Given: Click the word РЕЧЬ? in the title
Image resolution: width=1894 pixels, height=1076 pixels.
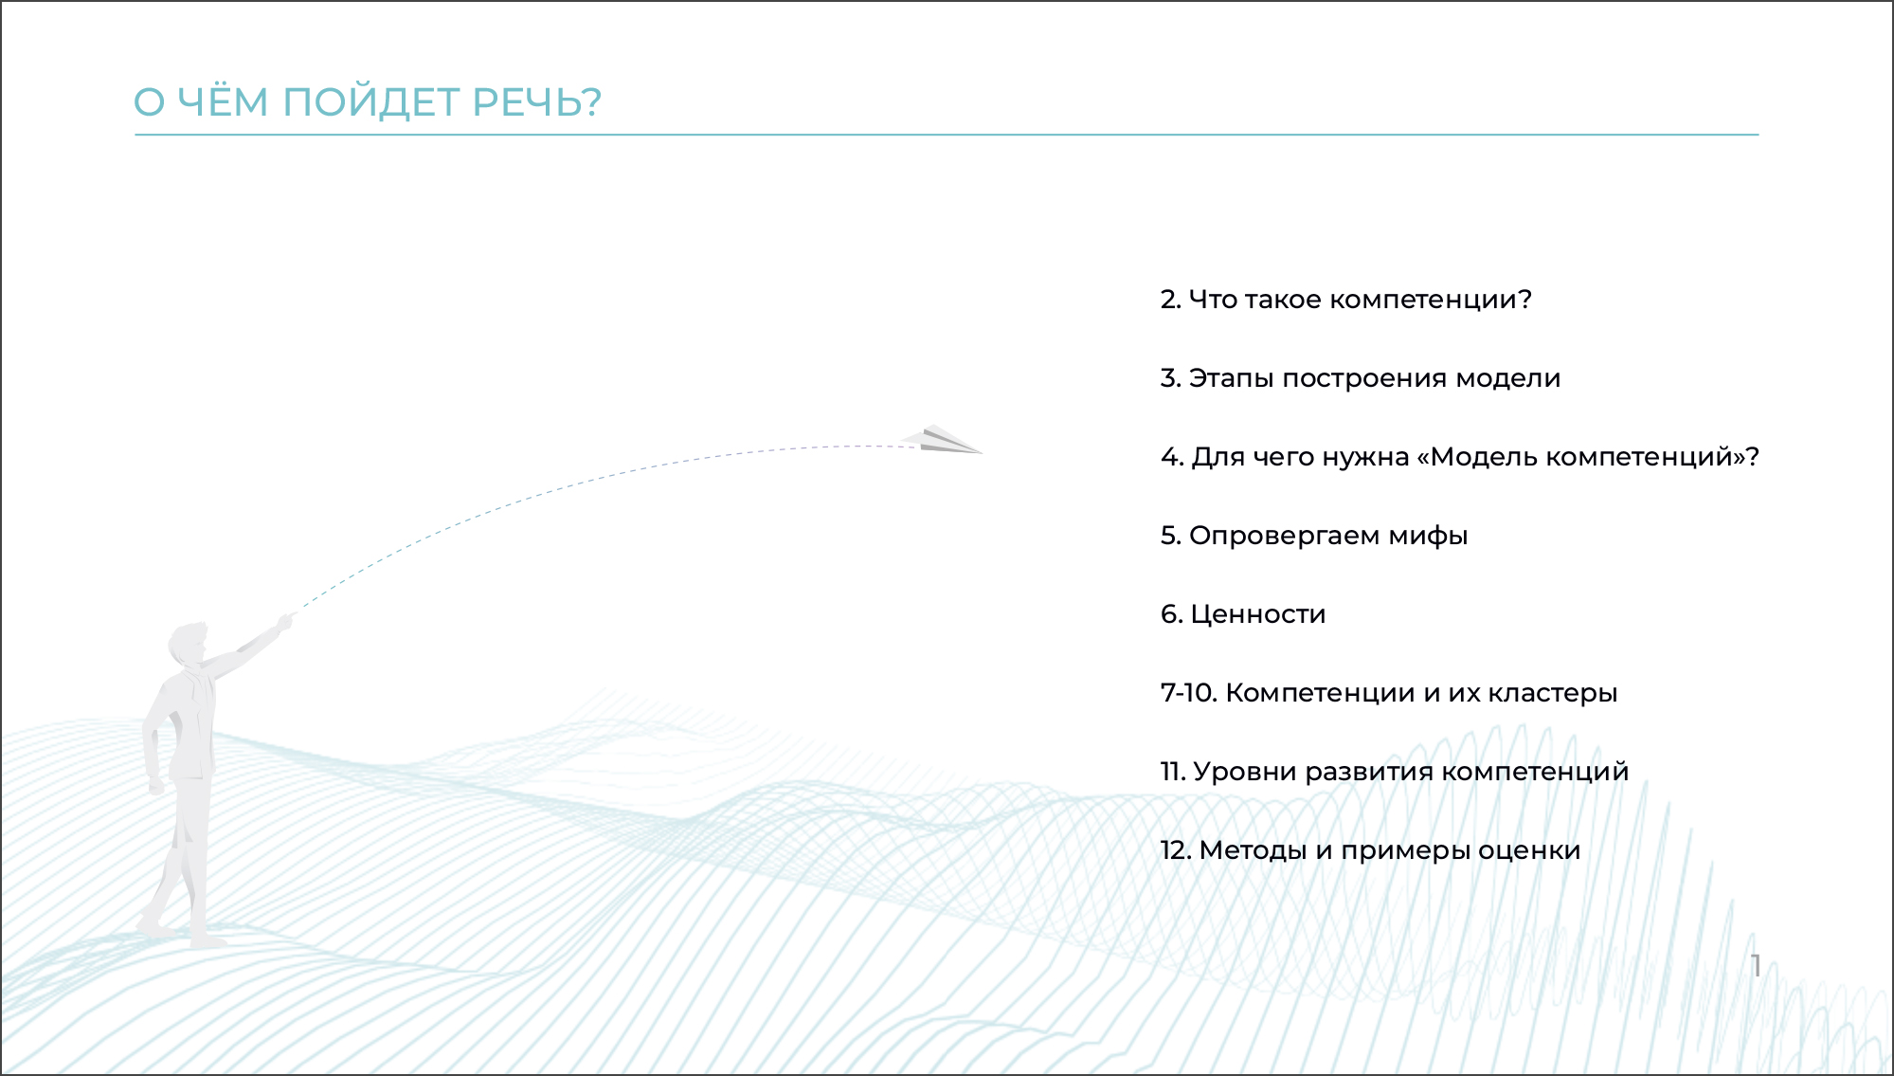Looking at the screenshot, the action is [x=536, y=102].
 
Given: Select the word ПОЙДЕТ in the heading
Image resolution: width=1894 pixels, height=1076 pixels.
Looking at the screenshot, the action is [x=370, y=100].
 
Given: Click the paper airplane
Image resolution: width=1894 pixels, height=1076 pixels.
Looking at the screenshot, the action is [x=941, y=440].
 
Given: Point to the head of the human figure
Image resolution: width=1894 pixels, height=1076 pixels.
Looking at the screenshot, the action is [x=187, y=645].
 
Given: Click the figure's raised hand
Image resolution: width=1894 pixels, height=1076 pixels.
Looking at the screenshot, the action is [x=284, y=623].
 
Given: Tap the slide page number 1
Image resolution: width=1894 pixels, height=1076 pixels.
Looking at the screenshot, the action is [x=1756, y=966].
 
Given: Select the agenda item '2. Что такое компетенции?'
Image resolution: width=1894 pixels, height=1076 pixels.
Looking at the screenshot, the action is [x=1345, y=300].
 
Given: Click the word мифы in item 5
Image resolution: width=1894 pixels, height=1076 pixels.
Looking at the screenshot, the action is [x=1428, y=537].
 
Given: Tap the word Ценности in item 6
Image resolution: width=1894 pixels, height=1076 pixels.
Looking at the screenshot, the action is [x=1257, y=615].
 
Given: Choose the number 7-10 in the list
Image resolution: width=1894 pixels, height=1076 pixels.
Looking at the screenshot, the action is [x=1188, y=693].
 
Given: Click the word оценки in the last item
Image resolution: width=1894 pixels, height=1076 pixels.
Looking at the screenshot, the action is [x=1529, y=851].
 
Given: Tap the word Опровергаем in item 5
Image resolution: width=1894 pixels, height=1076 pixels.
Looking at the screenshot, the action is [x=1284, y=537].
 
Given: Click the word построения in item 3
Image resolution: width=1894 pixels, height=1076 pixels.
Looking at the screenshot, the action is [x=1364, y=379].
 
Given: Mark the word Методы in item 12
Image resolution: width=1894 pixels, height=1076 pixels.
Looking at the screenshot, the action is [x=1253, y=851].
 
